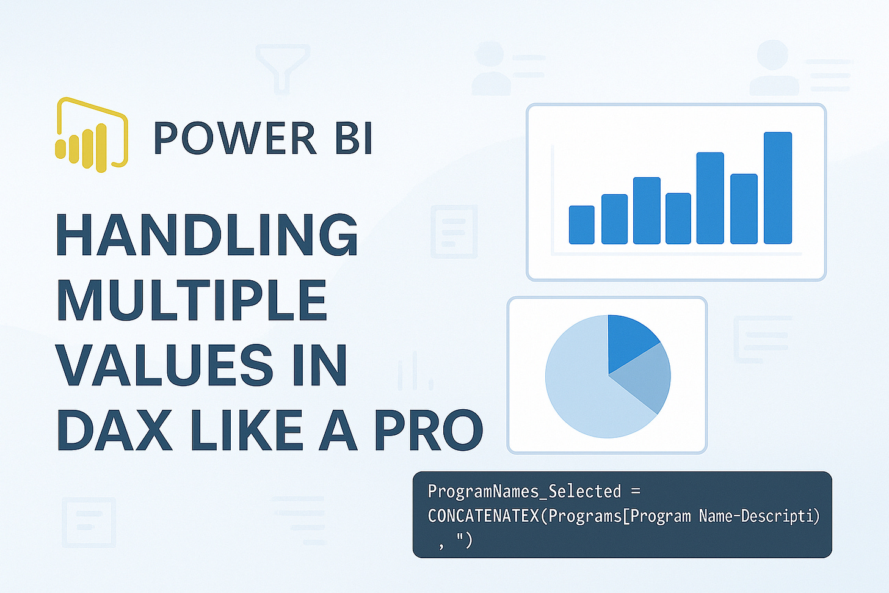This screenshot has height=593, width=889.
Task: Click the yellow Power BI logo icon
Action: (92, 134)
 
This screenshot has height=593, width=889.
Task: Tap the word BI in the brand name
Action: (354, 138)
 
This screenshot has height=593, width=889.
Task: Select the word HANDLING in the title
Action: (207, 236)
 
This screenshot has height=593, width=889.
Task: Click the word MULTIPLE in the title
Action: (192, 300)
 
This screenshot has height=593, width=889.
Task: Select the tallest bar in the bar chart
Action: (777, 188)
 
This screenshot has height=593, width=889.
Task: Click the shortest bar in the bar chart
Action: (581, 225)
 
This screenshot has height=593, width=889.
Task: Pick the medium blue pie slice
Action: (647, 379)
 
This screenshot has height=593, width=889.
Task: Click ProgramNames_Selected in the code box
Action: (524, 492)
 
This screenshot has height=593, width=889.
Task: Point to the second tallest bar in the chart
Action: (709, 198)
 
